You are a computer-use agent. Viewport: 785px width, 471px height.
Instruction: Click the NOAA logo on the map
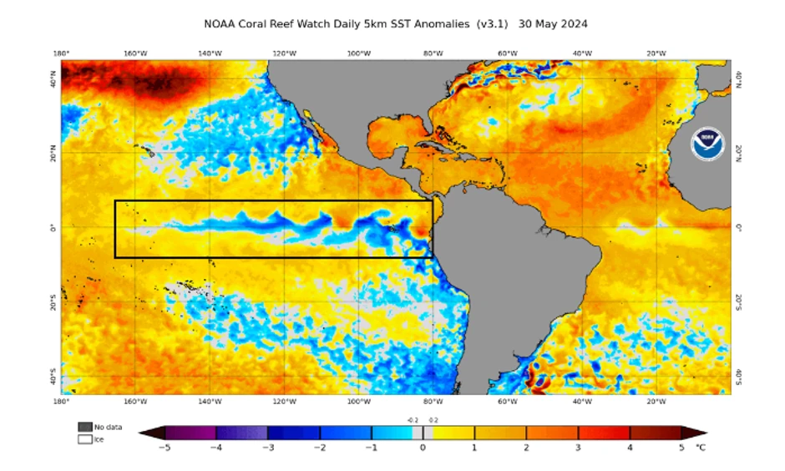tap(706, 145)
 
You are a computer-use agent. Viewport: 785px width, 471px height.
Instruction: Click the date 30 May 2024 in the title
tap(553, 24)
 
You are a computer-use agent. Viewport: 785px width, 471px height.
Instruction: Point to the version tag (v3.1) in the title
tap(492, 24)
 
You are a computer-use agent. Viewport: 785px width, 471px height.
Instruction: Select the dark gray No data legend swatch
tap(84, 427)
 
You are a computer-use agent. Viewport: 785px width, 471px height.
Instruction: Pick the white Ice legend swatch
tap(84, 438)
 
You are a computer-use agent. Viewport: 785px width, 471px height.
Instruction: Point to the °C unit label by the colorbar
tap(699, 448)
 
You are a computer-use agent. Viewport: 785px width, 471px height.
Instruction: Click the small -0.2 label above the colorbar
tap(413, 421)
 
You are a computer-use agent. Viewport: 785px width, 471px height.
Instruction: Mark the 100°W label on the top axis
tap(358, 53)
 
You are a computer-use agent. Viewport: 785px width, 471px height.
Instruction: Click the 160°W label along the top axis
tap(135, 53)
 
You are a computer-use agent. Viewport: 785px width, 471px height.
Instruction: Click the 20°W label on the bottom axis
tap(656, 401)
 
